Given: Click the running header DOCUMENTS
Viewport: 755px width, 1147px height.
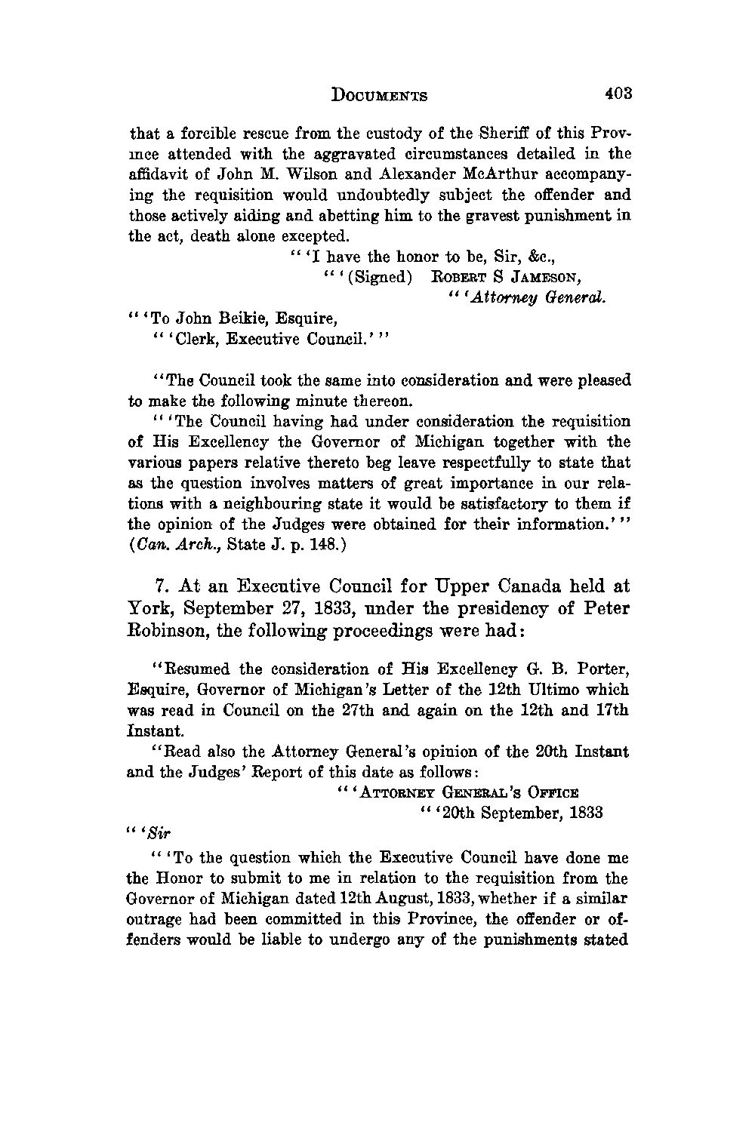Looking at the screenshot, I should [x=380, y=96].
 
